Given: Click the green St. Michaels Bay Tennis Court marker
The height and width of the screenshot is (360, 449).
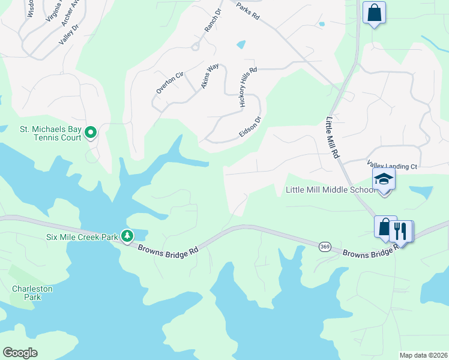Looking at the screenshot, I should [91, 132].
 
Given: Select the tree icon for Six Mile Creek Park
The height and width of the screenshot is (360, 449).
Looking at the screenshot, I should [127, 236].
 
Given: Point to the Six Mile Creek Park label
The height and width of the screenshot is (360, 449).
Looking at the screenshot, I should [82, 237].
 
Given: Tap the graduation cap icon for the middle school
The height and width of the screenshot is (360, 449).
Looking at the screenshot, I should [384, 179].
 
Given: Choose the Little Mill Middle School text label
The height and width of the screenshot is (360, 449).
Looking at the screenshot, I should [330, 190].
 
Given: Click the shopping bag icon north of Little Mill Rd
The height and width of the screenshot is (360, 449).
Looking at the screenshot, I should [374, 13].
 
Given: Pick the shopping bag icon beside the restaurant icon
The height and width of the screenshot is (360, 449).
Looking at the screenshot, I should [385, 227].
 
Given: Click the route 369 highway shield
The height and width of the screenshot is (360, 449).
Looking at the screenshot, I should [325, 246].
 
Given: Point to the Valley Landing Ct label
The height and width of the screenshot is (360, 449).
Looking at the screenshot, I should [391, 165].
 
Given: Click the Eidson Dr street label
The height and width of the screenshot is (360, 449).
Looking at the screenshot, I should [251, 127].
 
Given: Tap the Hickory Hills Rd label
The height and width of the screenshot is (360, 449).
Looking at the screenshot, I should [248, 87].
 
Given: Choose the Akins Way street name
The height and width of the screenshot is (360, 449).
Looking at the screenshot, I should [209, 76].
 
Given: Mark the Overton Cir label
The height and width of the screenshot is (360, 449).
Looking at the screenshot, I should [169, 83].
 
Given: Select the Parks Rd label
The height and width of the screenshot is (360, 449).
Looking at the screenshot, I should [247, 12].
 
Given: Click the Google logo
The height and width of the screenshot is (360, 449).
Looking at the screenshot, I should [20, 353].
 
